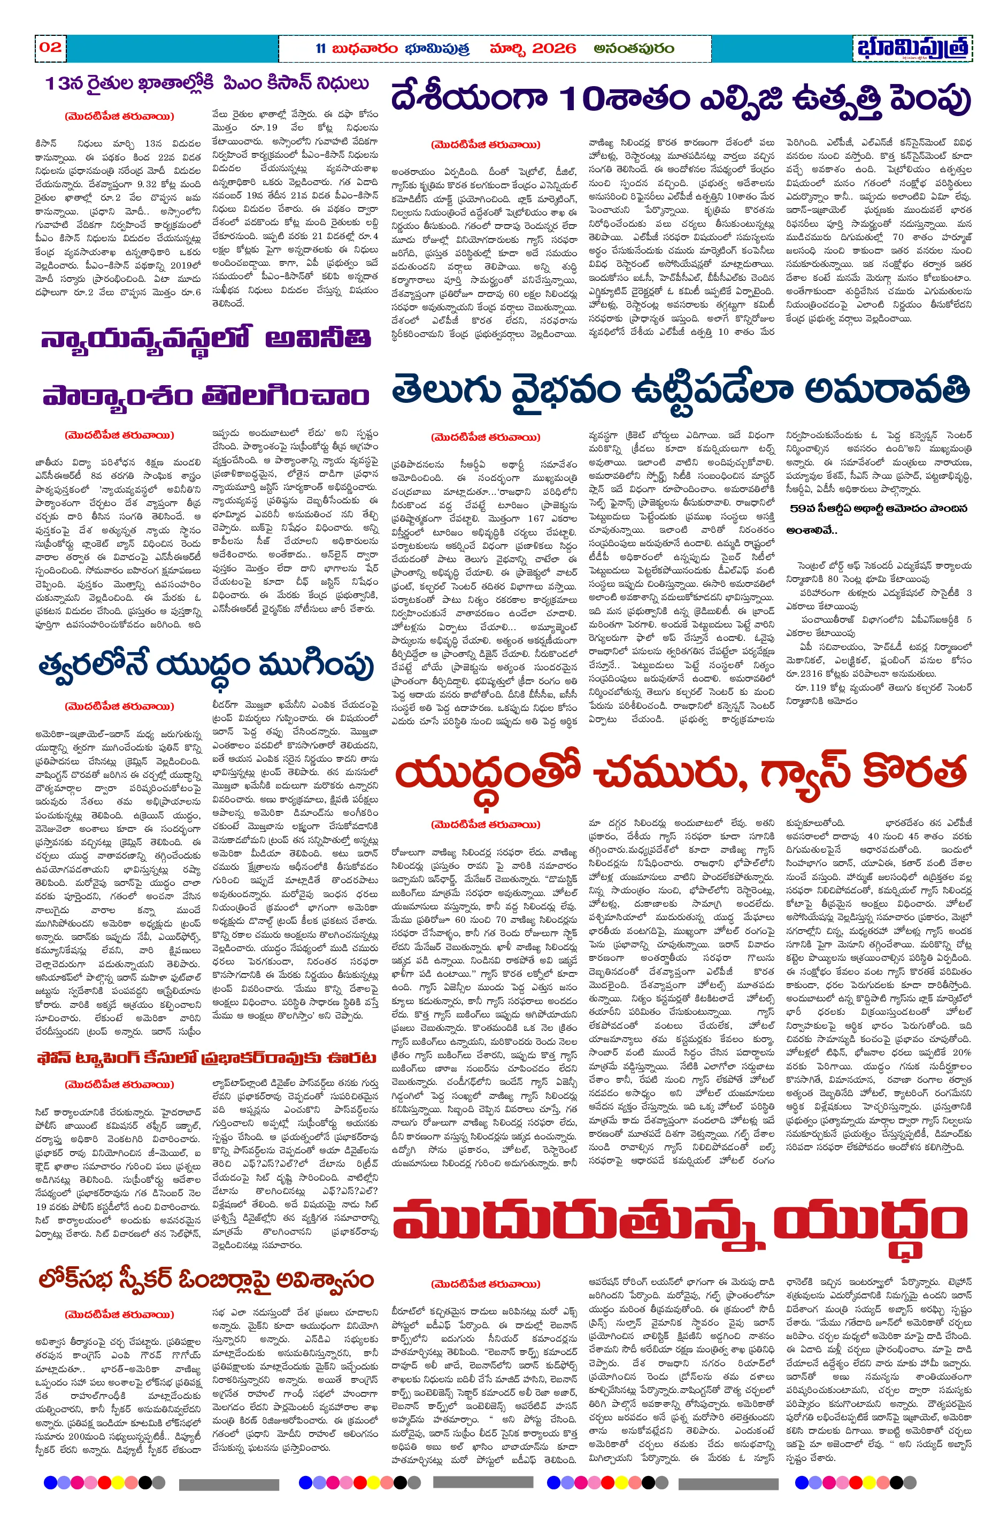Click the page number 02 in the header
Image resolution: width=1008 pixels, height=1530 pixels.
point(50,47)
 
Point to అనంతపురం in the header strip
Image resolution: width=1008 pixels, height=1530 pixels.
point(633,48)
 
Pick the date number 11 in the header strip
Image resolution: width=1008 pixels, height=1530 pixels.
point(321,48)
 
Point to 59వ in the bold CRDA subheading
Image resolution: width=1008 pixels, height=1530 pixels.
point(801,509)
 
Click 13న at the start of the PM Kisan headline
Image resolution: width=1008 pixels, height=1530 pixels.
point(60,84)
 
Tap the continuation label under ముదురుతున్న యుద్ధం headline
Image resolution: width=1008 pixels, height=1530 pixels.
point(486,1283)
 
